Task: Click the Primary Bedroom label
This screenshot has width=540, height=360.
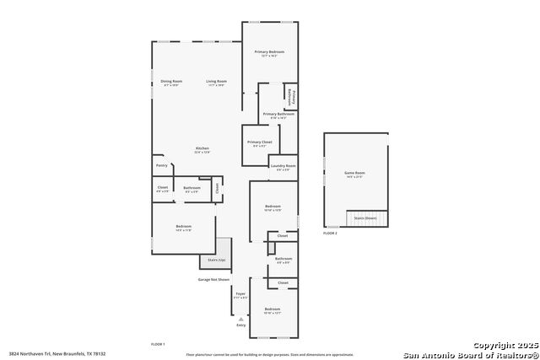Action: [270, 51]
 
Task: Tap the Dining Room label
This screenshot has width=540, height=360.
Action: [171, 82]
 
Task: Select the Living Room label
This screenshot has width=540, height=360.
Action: [217, 82]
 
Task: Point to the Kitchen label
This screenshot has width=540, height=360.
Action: [202, 148]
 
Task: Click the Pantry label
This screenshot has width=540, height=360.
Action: [162, 165]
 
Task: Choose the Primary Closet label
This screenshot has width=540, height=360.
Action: [260, 142]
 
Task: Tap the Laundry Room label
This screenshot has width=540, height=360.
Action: [283, 166]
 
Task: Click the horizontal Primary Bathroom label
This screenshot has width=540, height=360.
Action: [279, 114]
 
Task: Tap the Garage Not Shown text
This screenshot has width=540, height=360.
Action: [213, 278]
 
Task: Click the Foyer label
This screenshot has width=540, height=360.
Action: [240, 293]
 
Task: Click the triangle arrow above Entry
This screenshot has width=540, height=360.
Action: [241, 319]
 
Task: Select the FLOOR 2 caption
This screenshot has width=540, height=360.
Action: [330, 232]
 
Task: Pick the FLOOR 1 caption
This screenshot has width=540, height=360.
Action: [158, 344]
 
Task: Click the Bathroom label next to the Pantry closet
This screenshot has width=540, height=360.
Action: [192, 188]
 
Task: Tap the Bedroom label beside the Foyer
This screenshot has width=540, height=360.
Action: [273, 309]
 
